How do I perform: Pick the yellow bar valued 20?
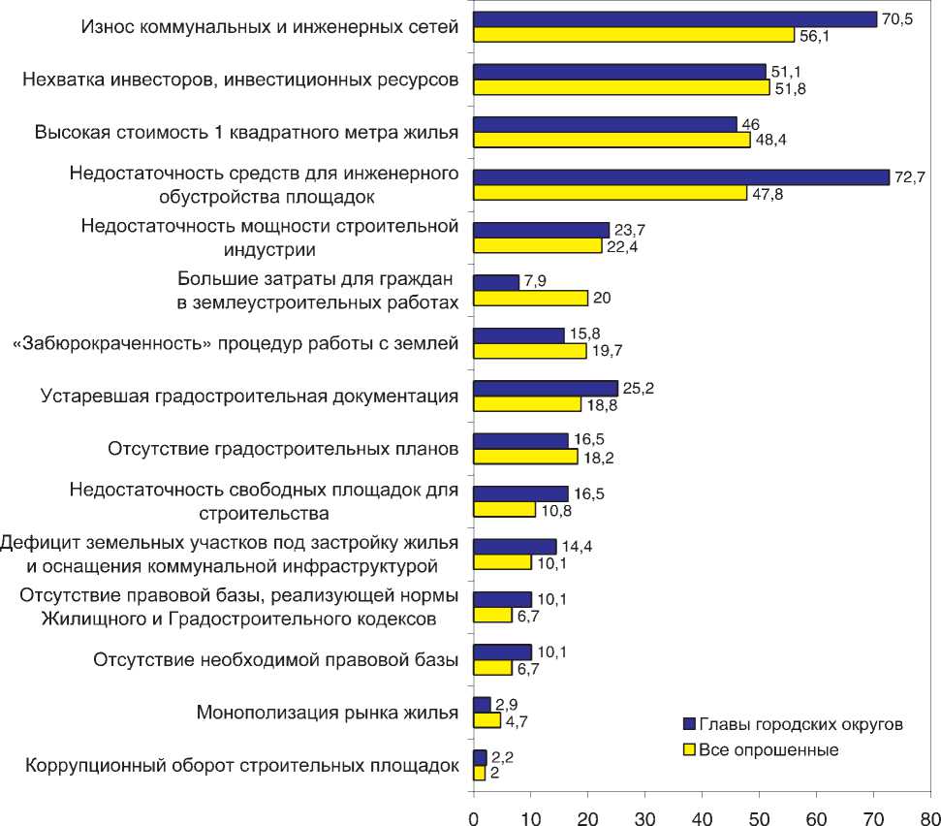pyautogui.click(x=530, y=298)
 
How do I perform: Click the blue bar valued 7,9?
pyautogui.click(x=495, y=282)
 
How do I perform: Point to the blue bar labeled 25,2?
pyautogui.click(x=545, y=388)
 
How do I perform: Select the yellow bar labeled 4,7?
pyautogui.click(x=486, y=720)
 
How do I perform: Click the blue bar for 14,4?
pyautogui.click(x=515, y=547)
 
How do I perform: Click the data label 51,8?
pyautogui.click(x=788, y=88)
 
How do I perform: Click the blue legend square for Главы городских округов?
pyautogui.click(x=690, y=723)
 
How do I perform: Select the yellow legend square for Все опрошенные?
pyautogui.click(x=690, y=748)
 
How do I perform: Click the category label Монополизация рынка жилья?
pyautogui.click(x=327, y=713)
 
